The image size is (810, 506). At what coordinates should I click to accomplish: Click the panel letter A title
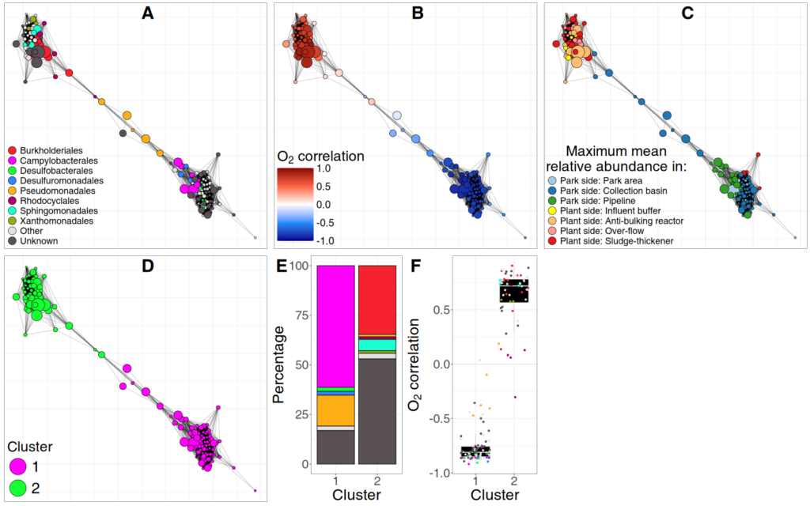(x=147, y=13)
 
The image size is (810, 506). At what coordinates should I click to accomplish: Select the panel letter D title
(x=147, y=265)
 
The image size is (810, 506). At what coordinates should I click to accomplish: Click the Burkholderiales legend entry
(x=47, y=149)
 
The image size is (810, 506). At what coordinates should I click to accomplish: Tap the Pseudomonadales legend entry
(x=51, y=191)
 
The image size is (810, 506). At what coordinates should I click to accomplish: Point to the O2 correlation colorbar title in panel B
(x=320, y=157)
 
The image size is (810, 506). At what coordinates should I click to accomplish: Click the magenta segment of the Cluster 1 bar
(x=335, y=326)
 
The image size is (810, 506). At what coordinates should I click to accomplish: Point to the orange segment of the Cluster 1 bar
(x=335, y=410)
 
